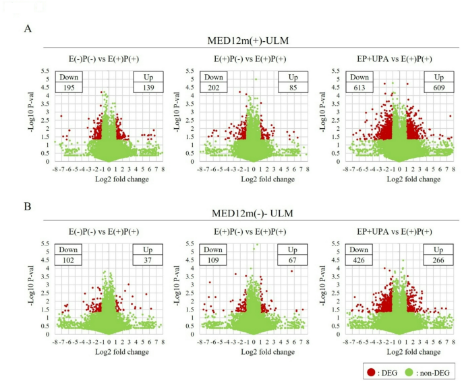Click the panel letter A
pos(27,28)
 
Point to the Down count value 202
pos(216,88)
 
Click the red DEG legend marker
pos(370,370)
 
